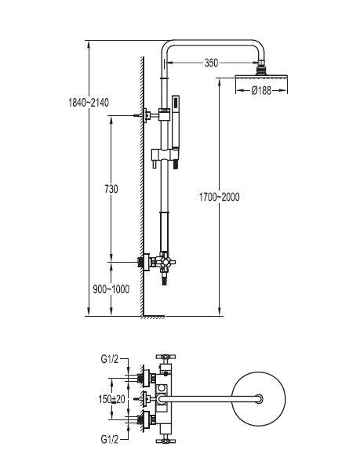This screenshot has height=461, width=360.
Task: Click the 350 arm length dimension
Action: click(211, 63)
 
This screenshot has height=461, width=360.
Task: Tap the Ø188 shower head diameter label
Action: click(261, 90)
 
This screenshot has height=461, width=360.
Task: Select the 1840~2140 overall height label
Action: click(89, 103)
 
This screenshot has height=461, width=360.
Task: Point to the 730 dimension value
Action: click(111, 189)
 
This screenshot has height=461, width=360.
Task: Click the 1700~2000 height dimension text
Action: click(219, 197)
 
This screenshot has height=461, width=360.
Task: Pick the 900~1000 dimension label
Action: click(111, 289)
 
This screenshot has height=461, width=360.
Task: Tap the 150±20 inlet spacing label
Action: click(111, 399)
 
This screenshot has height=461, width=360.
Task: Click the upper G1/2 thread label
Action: click(110, 359)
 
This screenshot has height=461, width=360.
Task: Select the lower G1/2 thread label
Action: click(110, 440)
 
